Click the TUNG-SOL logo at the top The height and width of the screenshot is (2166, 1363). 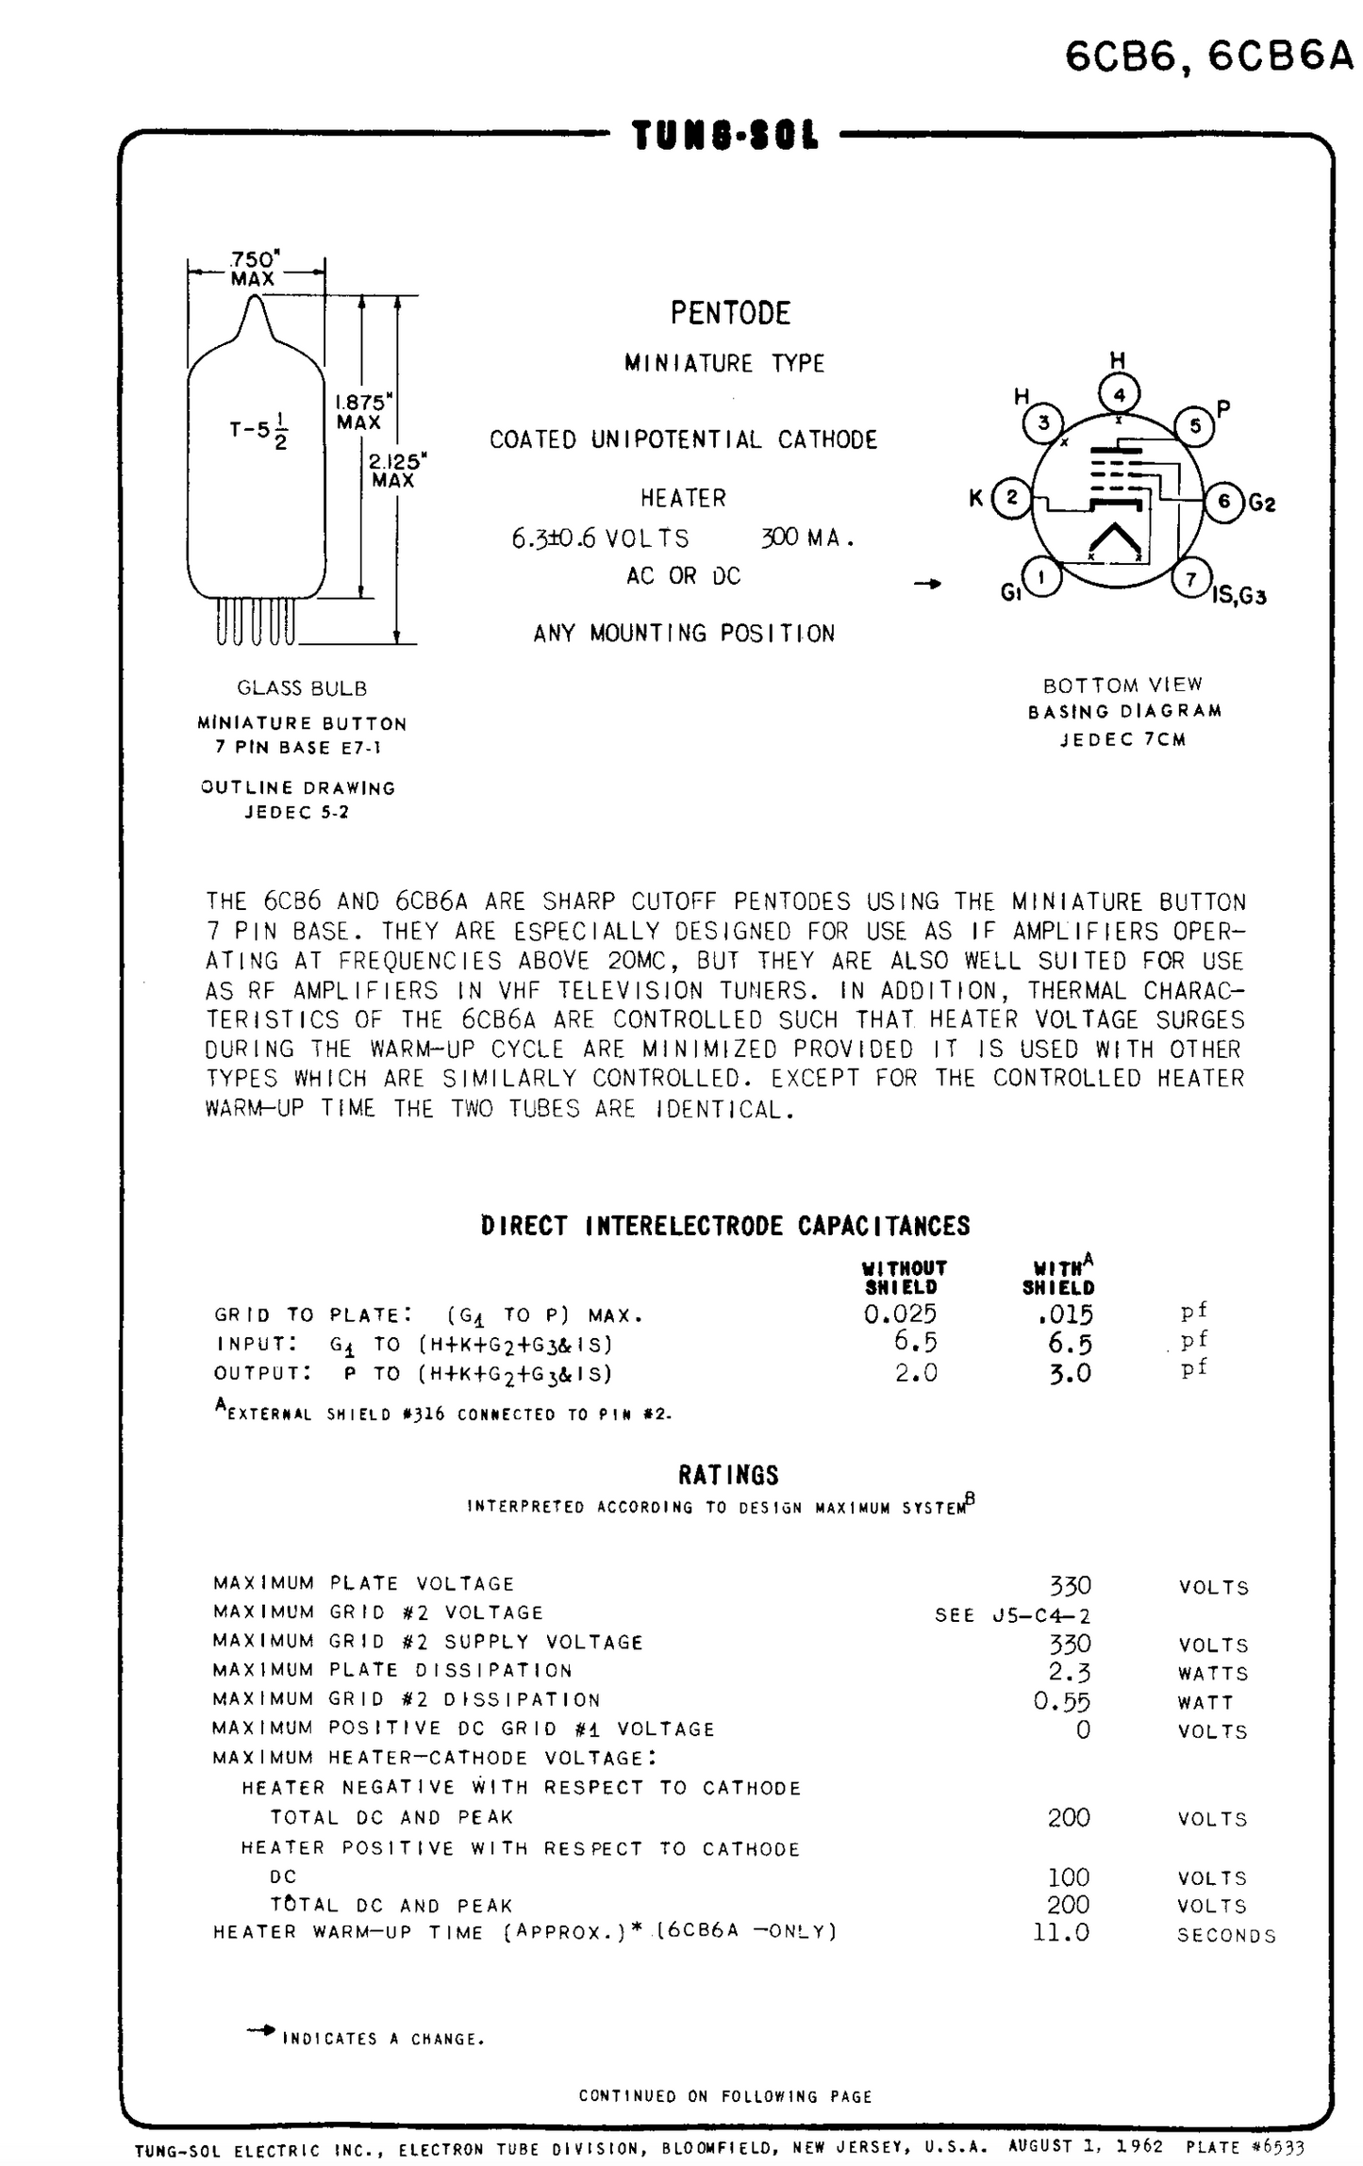tap(724, 136)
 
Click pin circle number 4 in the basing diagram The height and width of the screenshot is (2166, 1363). tap(1119, 394)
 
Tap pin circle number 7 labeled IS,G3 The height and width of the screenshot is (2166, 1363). tap(1191, 579)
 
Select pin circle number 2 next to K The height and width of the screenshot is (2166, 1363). tap(1012, 496)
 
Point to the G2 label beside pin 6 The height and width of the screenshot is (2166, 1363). tap(1262, 503)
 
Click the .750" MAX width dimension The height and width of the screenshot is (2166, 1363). tap(254, 269)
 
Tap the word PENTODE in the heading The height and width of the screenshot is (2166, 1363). tap(730, 313)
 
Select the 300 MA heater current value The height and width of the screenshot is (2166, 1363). tap(806, 538)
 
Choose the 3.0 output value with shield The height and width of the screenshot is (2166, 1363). tap(1070, 1373)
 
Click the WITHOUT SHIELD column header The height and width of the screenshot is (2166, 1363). tap(905, 1278)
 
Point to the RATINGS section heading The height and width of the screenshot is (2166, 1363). tap(728, 1475)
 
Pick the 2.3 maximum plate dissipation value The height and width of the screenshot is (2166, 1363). tap(1070, 1672)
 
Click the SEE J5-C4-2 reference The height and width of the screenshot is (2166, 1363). tap(1012, 1614)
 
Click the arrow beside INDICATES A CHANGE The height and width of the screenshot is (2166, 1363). tap(261, 2029)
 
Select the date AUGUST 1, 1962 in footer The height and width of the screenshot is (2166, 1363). tap(1085, 2144)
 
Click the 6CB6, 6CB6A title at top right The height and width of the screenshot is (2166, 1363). tap(1209, 58)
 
